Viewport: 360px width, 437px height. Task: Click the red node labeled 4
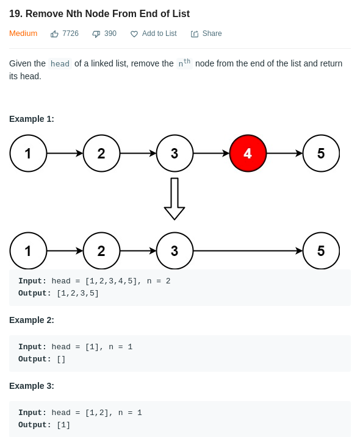[248, 153]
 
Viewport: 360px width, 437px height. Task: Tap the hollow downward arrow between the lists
[175, 199]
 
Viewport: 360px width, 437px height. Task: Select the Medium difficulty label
[23, 34]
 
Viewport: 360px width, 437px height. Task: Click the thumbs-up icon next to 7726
[54, 34]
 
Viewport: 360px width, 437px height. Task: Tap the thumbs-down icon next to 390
[96, 34]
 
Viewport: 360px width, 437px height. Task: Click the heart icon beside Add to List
[134, 34]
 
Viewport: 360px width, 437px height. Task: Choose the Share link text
[212, 34]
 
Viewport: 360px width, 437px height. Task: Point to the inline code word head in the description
[60, 64]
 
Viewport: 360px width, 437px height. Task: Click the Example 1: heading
[32, 119]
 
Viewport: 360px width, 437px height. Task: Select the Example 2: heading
[32, 320]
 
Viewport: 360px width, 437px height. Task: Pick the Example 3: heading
[32, 386]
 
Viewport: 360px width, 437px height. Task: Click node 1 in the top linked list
[28, 153]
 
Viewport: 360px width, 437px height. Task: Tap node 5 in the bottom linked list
[321, 251]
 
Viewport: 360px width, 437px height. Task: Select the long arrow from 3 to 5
[248, 251]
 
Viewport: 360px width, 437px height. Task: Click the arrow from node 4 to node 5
[285, 153]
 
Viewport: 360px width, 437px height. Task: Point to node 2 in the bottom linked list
[101, 251]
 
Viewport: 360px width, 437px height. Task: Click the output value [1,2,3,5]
[78, 294]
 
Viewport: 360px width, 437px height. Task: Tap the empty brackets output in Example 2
[61, 359]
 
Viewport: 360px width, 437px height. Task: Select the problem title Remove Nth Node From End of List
[108, 13]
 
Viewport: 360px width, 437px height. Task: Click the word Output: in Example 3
[35, 425]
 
